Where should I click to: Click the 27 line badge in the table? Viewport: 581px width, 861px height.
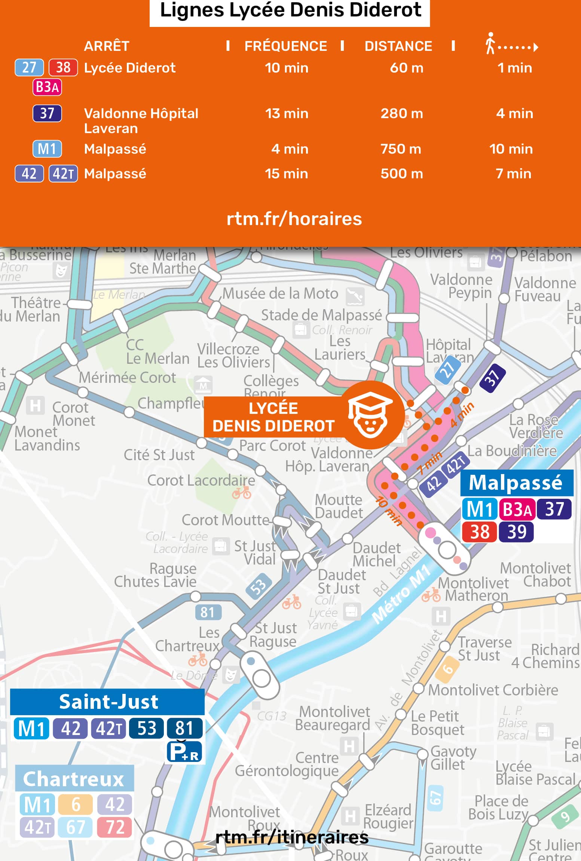29,68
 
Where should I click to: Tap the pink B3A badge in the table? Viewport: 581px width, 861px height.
47,87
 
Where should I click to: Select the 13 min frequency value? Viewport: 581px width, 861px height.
287,113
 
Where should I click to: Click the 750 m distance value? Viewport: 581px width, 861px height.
401,149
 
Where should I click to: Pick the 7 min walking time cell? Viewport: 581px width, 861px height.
513,173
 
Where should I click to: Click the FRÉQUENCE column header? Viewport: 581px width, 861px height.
285,46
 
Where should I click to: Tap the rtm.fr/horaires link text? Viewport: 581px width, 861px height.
294,219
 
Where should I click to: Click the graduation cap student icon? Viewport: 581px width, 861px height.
370,415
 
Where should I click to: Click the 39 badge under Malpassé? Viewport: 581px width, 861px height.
517,532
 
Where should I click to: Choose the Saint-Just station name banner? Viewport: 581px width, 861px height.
108,702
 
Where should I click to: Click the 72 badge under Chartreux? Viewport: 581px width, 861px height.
114,827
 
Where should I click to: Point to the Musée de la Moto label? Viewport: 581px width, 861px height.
280,293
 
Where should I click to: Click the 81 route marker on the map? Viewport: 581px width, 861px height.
208,612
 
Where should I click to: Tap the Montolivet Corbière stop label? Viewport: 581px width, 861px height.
493,690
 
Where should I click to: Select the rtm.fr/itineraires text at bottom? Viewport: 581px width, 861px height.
292,837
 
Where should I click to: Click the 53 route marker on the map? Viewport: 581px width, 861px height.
259,586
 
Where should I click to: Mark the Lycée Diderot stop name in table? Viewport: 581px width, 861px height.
130,68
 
